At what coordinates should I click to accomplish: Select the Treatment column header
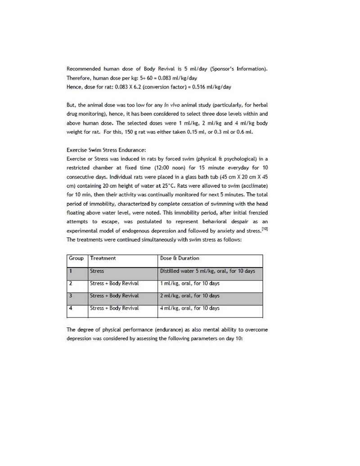(x=103, y=258)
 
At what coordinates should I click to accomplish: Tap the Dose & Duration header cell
(x=180, y=258)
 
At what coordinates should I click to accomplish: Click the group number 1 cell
(x=71, y=271)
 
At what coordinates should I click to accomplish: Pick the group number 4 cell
(x=71, y=308)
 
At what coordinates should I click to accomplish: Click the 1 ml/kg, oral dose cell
(x=190, y=284)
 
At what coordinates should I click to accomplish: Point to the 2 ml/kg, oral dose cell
(x=190, y=296)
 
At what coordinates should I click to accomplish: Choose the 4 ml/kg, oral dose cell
(x=190, y=308)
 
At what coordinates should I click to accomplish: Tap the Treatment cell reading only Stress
(x=97, y=271)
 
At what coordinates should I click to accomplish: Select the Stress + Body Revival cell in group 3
(x=114, y=296)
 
